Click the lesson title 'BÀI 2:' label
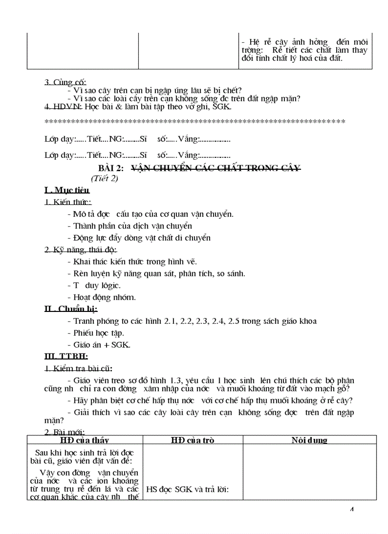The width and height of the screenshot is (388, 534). (111, 168)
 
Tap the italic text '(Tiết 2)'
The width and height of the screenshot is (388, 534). (104, 179)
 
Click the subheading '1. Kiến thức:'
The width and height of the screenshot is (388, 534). (68, 203)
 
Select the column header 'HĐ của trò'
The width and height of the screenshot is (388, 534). (192, 440)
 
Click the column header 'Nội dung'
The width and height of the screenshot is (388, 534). (309, 440)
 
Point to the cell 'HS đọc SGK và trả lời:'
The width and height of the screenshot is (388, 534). (187, 489)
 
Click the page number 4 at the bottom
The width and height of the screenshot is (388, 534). (352, 510)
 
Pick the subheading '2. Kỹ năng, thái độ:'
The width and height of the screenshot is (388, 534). (80, 250)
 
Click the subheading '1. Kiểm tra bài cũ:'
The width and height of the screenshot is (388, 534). (78, 369)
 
